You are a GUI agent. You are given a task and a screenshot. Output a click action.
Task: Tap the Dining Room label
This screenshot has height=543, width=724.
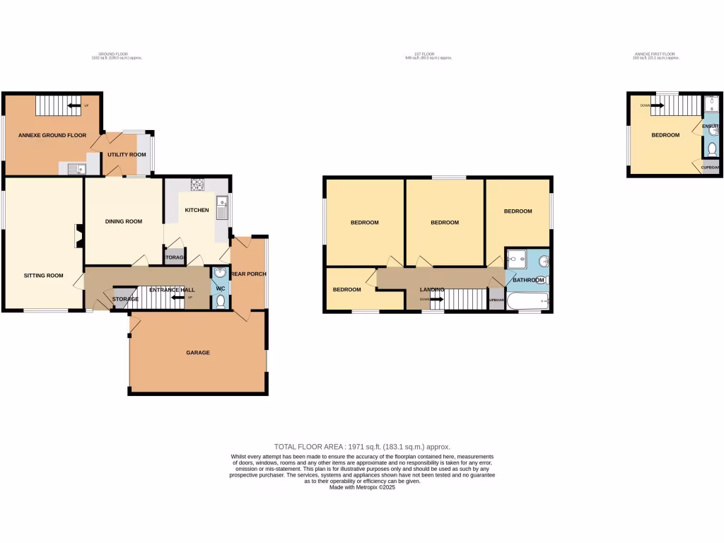tap(124, 221)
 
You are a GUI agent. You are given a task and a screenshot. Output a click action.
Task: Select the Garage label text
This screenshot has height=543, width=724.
tap(198, 352)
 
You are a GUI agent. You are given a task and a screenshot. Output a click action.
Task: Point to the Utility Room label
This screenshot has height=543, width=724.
tap(127, 155)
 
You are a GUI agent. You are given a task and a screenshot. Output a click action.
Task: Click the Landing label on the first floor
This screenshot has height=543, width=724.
tap(432, 290)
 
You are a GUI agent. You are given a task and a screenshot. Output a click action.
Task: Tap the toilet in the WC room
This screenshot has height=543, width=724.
tap(220, 302)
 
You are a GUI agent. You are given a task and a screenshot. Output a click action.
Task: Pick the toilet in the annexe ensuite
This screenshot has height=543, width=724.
tap(711, 149)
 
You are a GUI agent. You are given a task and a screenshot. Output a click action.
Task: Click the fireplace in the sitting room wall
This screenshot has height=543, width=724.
tap(80, 235)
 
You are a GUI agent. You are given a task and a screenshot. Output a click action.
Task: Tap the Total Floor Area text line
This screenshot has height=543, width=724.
tap(362, 447)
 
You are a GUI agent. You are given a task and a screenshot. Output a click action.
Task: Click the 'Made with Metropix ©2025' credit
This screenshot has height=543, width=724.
tap(362, 488)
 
